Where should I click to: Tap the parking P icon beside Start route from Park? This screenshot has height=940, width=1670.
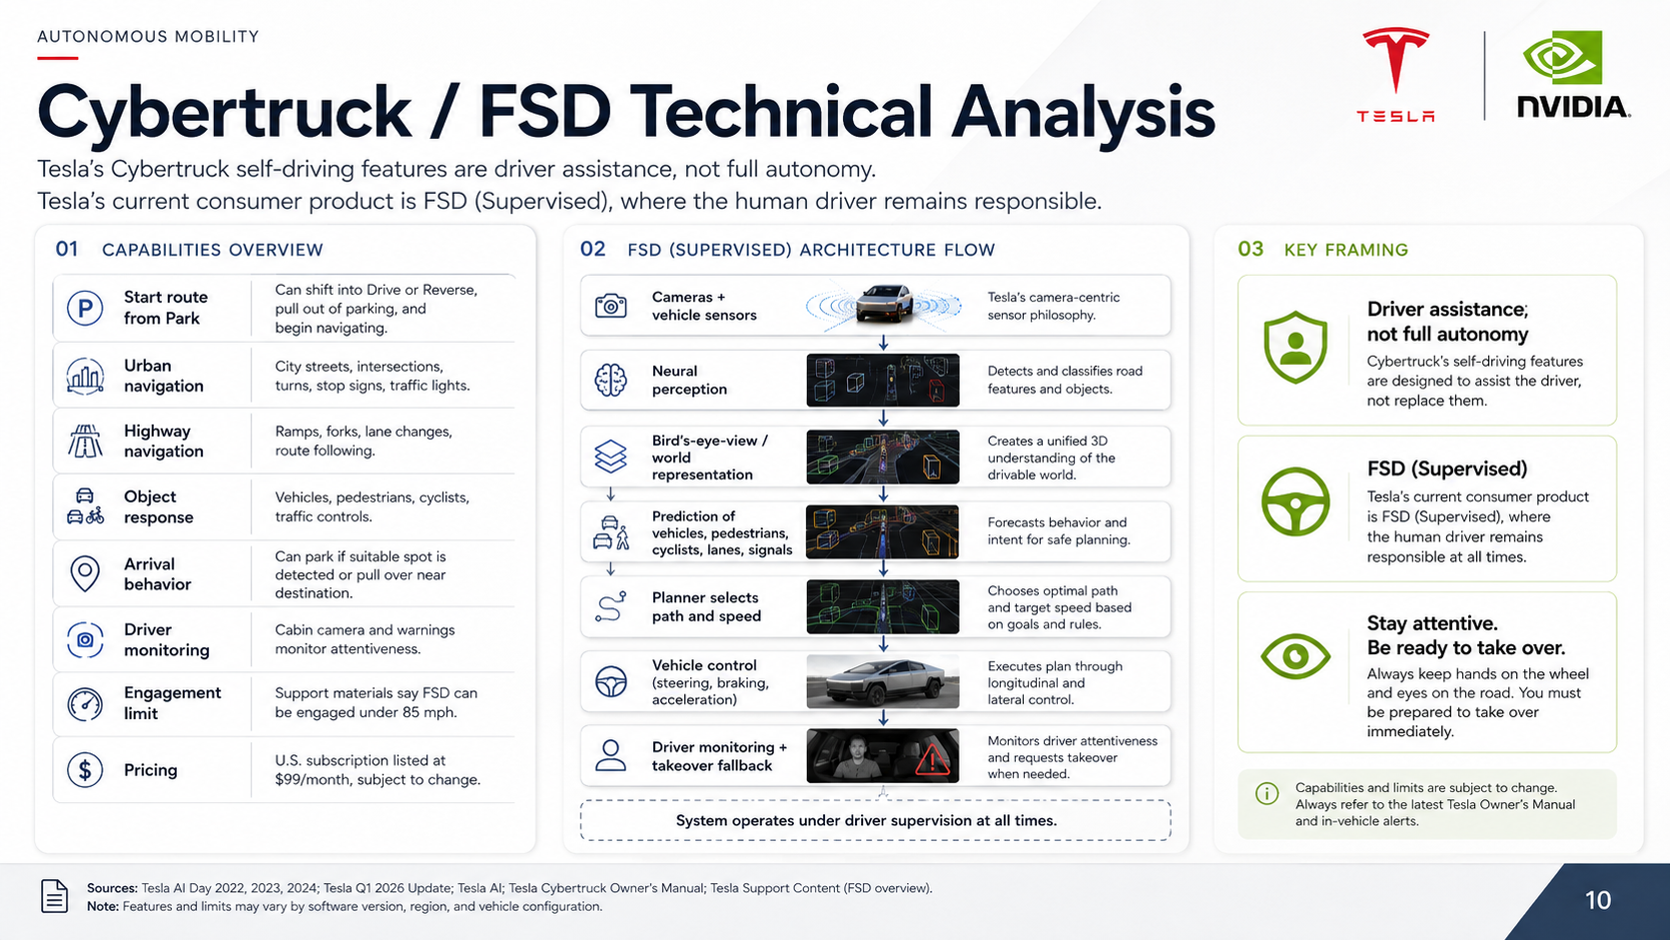coord(85,308)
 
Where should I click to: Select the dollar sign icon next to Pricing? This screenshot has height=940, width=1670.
coord(85,769)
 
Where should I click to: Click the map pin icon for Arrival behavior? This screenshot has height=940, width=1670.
coord(85,574)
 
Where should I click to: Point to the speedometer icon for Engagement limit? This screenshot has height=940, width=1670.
coord(85,703)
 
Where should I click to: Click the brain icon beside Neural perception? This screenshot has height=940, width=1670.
coord(610,381)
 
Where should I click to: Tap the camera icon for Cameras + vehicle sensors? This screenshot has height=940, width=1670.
coord(610,306)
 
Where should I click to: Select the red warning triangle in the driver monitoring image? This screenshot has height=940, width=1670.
coord(931,761)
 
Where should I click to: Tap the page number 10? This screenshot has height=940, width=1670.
coord(1598,900)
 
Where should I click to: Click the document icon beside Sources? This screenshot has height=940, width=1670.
coord(54,896)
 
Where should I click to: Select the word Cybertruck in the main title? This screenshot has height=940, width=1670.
coord(224,113)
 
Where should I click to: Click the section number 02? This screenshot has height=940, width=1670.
coord(592,249)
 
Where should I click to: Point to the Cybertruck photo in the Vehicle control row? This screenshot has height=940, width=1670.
coord(883,681)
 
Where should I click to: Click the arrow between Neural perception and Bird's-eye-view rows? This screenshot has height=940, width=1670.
coord(884,418)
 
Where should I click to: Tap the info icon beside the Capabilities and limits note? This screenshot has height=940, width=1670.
coord(1266,794)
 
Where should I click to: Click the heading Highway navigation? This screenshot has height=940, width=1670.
coord(163,442)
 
